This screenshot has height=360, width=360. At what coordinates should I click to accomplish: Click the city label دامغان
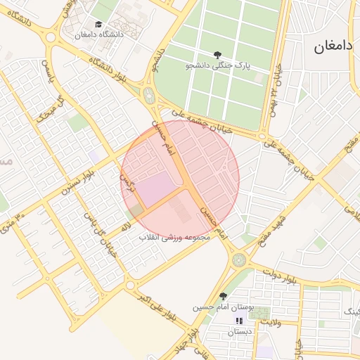tap(333, 48)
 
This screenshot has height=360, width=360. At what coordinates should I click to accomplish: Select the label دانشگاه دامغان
tap(98, 34)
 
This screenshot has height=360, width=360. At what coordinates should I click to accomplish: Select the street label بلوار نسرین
tap(77, 180)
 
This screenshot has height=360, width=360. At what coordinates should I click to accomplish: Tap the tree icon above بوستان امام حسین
tap(224, 296)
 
